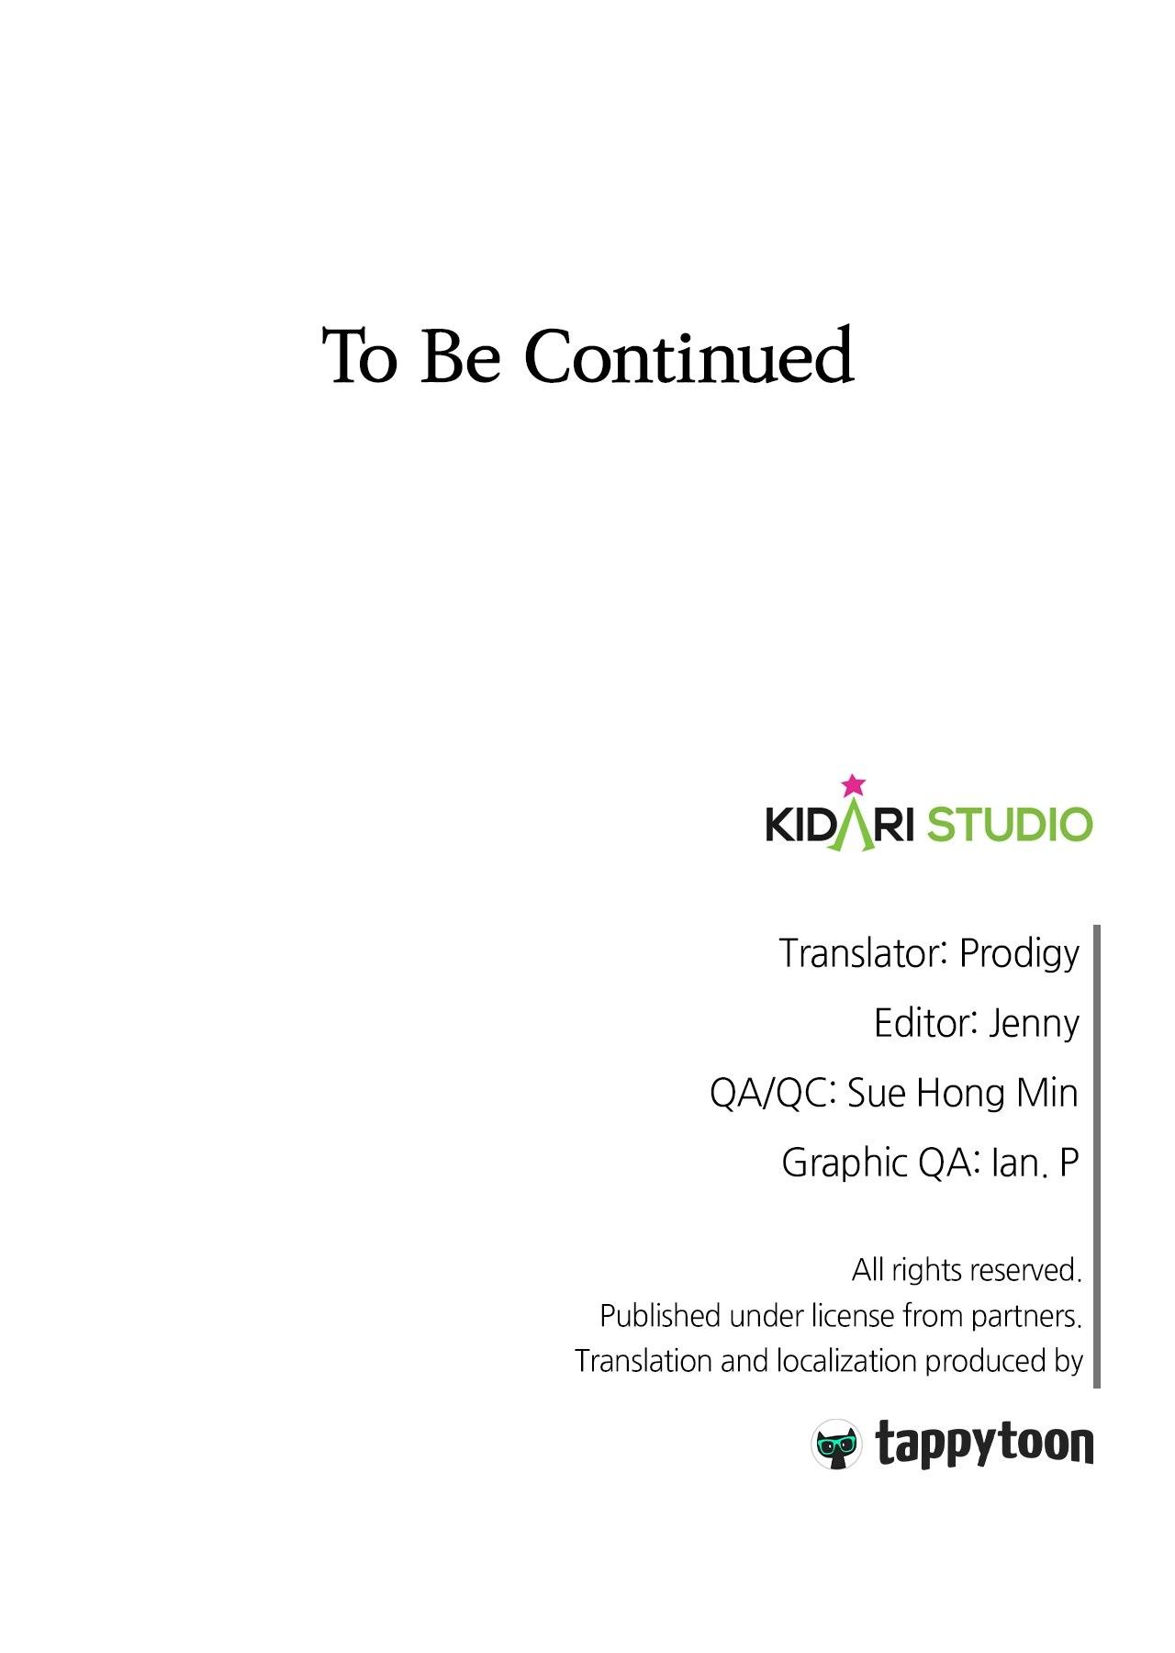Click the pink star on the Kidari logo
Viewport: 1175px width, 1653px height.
pos(854,785)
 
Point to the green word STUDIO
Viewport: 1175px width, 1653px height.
pos(1010,824)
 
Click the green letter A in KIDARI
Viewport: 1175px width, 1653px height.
pos(855,825)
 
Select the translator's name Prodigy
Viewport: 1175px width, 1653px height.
pos(1019,955)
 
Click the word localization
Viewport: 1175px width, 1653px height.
pos(847,1361)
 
